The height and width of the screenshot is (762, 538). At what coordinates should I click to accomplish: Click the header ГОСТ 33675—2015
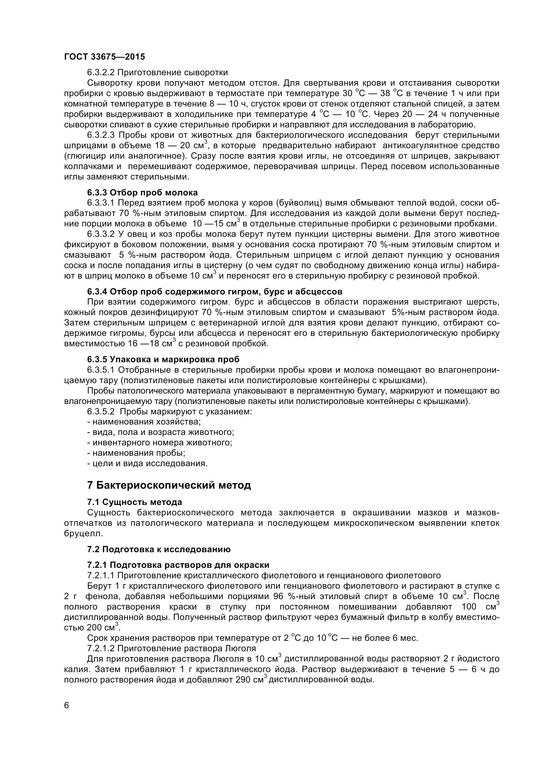pyautogui.click(x=104, y=57)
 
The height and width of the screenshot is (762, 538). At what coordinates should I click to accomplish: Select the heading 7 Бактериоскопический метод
pyautogui.click(x=169, y=485)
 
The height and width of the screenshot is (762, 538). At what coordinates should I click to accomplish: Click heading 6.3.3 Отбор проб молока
pyautogui.click(x=142, y=193)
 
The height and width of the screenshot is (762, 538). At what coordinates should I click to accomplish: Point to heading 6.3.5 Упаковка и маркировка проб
pyautogui.click(x=163, y=359)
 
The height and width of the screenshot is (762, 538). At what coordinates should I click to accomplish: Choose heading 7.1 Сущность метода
pyautogui.click(x=135, y=502)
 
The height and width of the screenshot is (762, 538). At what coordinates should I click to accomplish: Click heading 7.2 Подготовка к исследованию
pyautogui.click(x=159, y=549)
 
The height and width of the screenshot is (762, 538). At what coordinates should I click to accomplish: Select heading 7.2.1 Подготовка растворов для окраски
pyautogui.click(x=178, y=565)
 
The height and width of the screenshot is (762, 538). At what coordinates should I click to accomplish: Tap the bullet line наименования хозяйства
pyautogui.click(x=144, y=422)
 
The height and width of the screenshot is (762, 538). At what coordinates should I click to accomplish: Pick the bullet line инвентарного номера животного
pyautogui.click(x=160, y=442)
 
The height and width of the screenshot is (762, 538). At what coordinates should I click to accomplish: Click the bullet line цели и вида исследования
pyautogui.click(x=147, y=463)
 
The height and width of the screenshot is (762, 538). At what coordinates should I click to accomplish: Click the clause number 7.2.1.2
pyautogui.click(x=101, y=648)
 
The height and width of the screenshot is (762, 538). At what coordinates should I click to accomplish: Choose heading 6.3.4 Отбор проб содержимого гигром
pyautogui.click(x=214, y=292)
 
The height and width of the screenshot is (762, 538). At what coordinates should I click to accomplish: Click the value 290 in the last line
pyautogui.click(x=243, y=679)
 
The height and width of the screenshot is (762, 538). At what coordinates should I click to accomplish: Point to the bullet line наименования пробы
pyautogui.click(x=136, y=453)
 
